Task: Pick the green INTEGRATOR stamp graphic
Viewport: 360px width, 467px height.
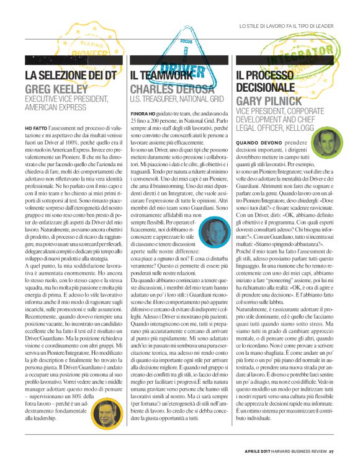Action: click(292, 59)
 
